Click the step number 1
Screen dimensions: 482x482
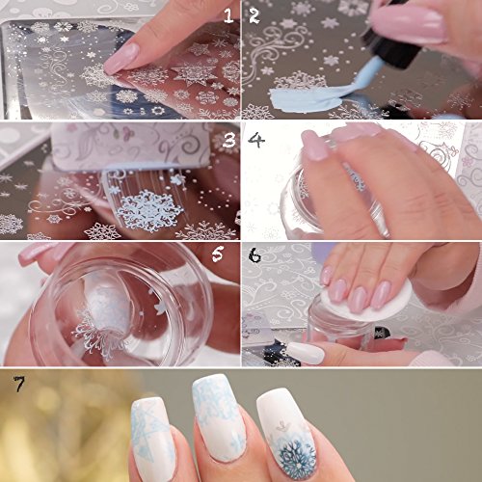pyautogui.click(x=228, y=16)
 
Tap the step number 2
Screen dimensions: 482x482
pyautogui.click(x=254, y=16)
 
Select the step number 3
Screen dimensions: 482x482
pyautogui.click(x=229, y=140)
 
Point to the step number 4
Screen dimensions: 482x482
pyautogui.click(x=256, y=140)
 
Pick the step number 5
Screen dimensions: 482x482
pyautogui.click(x=218, y=254)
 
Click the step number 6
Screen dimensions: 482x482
pyautogui.click(x=254, y=255)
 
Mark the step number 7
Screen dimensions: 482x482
pyautogui.click(x=19, y=385)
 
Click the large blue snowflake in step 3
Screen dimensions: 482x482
pyautogui.click(x=147, y=211)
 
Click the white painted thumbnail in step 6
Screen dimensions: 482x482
pyautogui.click(x=307, y=353)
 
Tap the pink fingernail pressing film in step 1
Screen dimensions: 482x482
pyautogui.click(x=121, y=59)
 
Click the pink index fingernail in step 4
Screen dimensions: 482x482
pyautogui.click(x=316, y=146)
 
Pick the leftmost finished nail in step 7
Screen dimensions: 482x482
pyautogui.click(x=153, y=441)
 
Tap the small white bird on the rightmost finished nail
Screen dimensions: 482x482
pyautogui.click(x=283, y=426)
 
